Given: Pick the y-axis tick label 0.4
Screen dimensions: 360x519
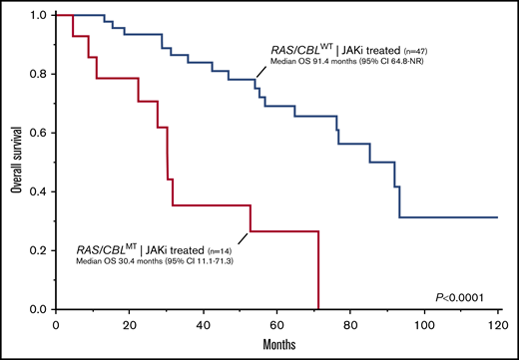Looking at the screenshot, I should (x=38, y=191).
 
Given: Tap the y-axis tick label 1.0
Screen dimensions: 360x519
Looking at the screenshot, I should (x=38, y=16).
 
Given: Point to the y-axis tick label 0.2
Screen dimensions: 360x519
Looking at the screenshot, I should (x=38, y=250).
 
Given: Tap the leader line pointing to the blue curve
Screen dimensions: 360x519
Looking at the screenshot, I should (x=261, y=67).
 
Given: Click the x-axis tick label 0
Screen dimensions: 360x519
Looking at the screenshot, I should (x=57, y=323).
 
